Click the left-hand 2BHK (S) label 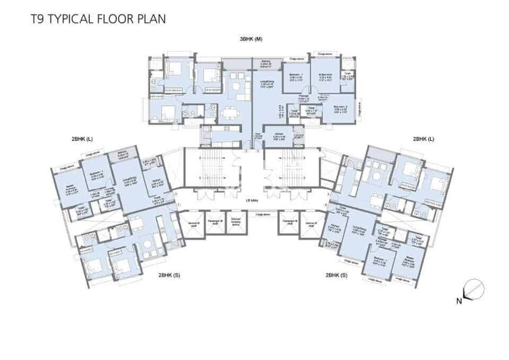pos(169,275)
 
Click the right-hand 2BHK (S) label pos(336,275)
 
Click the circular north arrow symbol pos(473,289)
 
